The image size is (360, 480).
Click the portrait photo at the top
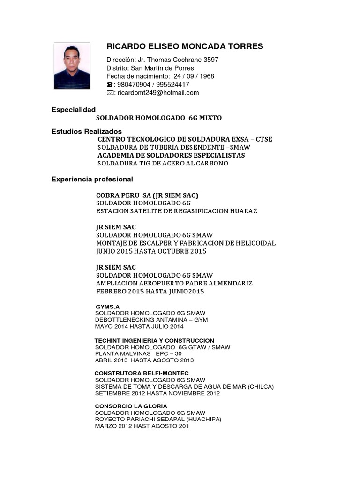point(72,66)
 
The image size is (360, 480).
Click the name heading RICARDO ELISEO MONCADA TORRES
point(185,46)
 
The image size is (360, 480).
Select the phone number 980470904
point(132,85)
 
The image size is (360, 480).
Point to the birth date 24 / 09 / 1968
point(193,76)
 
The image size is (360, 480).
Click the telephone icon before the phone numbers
point(110,85)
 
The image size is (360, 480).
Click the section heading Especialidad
point(74,109)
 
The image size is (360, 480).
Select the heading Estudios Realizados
point(87,131)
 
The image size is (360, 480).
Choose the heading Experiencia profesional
point(92,179)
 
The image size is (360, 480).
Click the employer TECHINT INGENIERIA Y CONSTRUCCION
point(154,340)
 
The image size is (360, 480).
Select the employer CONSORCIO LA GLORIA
point(131,406)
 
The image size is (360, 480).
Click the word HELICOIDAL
point(255,243)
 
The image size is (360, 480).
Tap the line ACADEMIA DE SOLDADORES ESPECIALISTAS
point(171,155)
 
